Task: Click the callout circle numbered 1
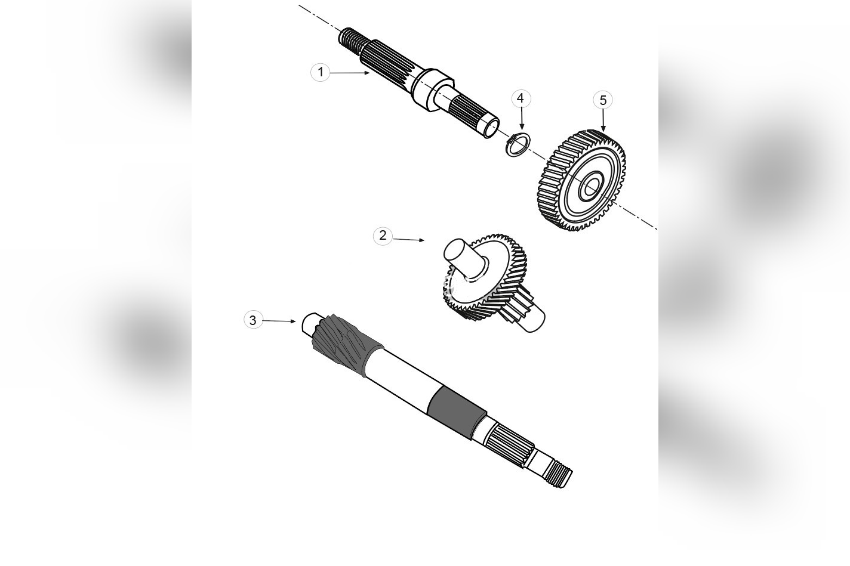tap(321, 72)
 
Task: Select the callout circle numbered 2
tap(383, 236)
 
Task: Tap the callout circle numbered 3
tap(252, 320)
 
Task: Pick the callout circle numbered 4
tap(521, 98)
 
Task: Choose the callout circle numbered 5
tap(603, 100)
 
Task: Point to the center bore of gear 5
tap(591, 186)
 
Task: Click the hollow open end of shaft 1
tap(491, 127)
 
